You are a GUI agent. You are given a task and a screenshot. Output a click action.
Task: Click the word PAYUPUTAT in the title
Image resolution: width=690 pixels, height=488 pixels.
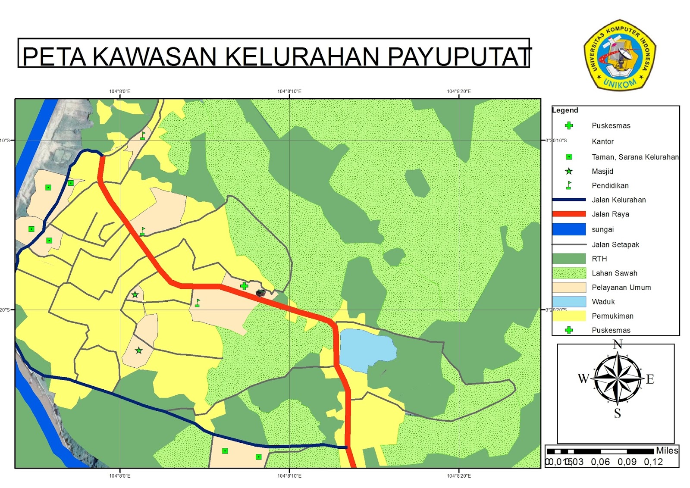tap(459, 56)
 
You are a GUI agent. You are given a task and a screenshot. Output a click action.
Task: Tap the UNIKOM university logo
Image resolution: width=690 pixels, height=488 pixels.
tap(620, 55)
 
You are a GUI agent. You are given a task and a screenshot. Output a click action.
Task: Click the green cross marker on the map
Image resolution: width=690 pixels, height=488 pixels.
tap(244, 286)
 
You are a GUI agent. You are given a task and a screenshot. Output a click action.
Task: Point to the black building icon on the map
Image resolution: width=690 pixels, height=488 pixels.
tap(260, 293)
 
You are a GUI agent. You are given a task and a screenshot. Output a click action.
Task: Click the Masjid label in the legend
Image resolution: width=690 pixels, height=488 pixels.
tap(602, 171)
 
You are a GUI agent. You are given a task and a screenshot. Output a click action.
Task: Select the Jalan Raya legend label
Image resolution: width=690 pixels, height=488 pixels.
tap(610, 214)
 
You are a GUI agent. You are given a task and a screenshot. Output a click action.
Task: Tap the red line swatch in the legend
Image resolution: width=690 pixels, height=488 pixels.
tap(569, 214)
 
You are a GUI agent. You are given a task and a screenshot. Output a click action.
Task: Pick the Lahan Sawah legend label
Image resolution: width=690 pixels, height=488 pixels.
tap(614, 273)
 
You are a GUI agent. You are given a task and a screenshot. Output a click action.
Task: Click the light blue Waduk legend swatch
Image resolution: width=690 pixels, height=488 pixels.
tap(569, 301)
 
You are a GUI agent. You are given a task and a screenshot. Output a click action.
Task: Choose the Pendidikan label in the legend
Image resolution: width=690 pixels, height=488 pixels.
tap(610, 185)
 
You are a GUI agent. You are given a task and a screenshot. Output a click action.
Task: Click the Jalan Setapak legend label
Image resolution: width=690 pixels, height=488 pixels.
tap(615, 244)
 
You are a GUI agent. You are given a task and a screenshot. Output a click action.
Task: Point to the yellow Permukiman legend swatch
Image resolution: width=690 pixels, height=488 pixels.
tap(569, 316)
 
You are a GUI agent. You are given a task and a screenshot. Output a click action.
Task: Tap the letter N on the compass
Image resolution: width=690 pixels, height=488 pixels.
tap(618, 344)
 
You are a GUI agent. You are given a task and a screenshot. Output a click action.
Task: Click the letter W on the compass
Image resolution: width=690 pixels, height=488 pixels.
tap(583, 379)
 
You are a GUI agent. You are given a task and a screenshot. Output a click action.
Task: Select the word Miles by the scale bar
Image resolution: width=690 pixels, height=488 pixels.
tap(667, 450)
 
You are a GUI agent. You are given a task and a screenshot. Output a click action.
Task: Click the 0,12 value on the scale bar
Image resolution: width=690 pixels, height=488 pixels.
tap(653, 462)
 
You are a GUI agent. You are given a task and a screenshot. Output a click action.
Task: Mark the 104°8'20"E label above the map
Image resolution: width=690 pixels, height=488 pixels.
tap(459, 91)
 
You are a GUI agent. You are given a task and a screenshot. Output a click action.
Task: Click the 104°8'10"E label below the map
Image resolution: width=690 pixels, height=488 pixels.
tap(289, 476)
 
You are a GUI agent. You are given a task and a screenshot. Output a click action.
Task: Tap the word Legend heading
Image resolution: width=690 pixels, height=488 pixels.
tap(565, 110)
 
